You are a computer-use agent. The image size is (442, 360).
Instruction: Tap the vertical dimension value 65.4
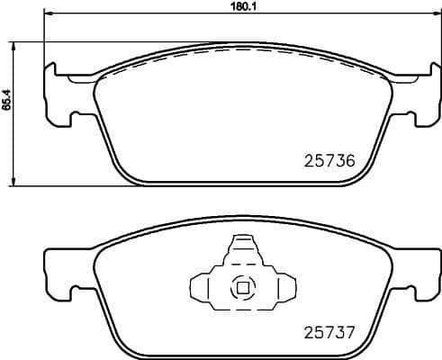point(7,103)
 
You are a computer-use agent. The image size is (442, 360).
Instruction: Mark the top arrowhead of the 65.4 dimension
point(15,45)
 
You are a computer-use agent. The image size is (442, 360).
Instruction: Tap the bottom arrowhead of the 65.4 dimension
point(15,183)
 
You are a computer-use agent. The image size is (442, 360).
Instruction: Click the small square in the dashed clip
point(241,289)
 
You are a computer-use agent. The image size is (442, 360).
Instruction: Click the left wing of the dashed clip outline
point(204,288)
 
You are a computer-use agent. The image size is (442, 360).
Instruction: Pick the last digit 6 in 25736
point(350,161)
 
